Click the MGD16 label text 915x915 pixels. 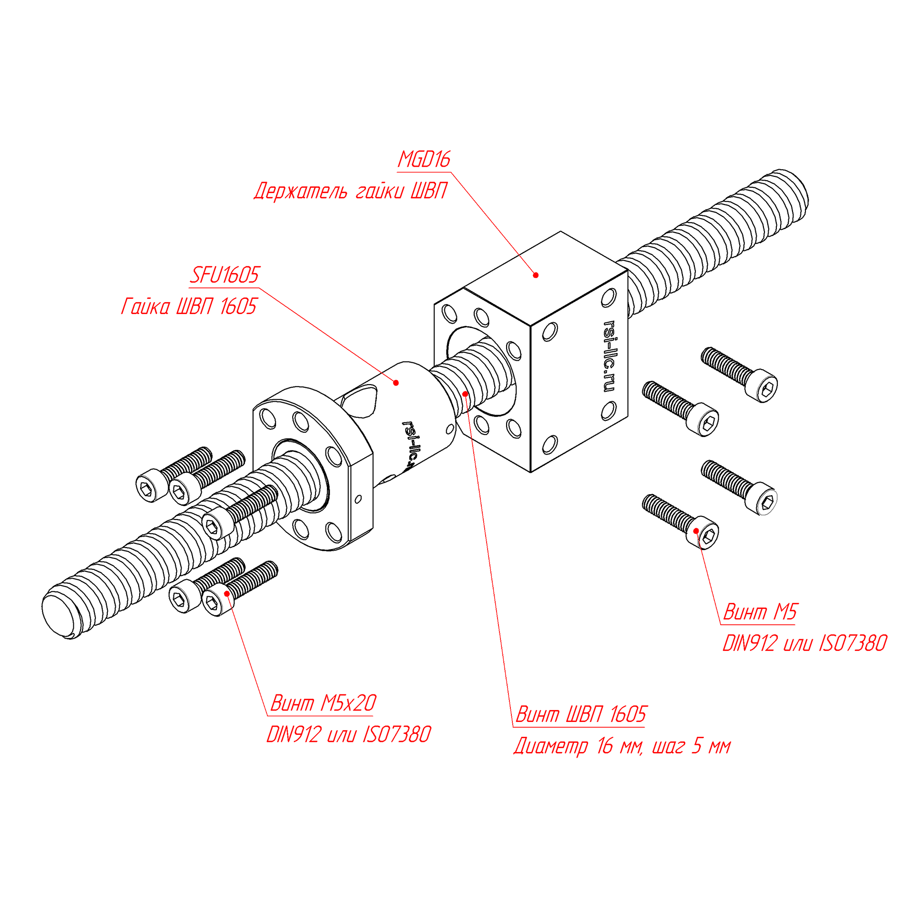click(x=424, y=160)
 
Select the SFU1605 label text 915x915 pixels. click(x=224, y=275)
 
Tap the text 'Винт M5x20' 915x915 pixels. click(x=323, y=703)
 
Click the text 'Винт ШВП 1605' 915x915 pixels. click(x=581, y=714)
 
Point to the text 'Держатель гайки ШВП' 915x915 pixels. click(x=350, y=191)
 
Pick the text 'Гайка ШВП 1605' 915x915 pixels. click(x=189, y=306)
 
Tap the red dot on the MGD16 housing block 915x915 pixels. click(x=536, y=275)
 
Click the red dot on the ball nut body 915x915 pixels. click(x=396, y=383)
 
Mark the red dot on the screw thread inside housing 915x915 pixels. click(x=465, y=394)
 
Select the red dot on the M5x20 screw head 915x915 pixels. click(x=227, y=593)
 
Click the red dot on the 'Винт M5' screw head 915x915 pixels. click(x=696, y=531)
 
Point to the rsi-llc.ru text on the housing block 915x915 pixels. click(x=609, y=356)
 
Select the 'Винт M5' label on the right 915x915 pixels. click(x=760, y=612)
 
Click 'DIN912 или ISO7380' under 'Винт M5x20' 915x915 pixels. click(x=348, y=734)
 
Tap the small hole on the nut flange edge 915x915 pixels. click(x=358, y=499)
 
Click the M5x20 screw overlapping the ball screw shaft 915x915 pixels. click(x=238, y=513)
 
